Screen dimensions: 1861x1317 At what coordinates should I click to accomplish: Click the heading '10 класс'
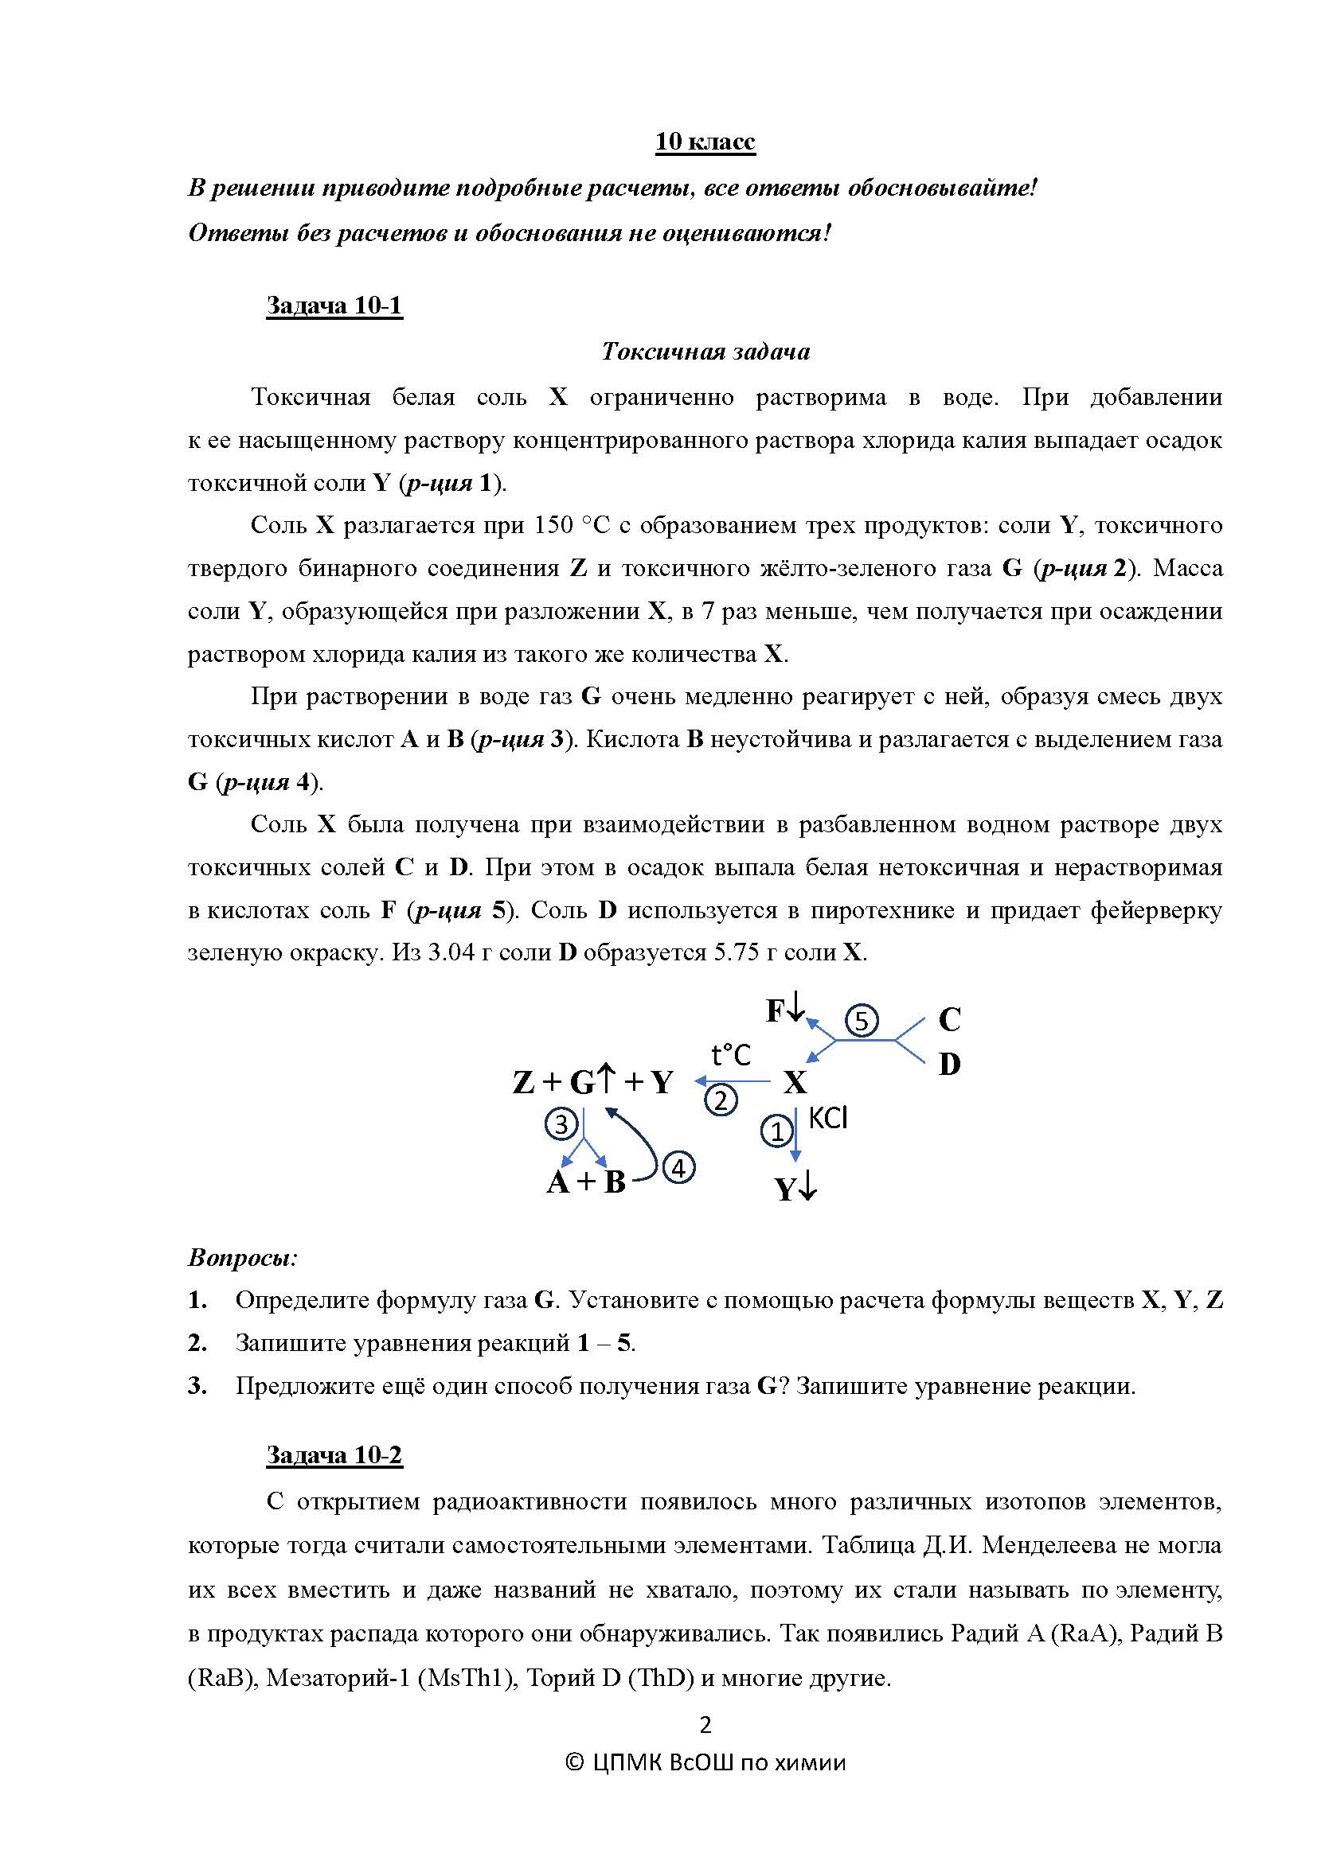click(705, 142)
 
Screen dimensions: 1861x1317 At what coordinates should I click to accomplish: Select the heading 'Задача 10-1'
click(334, 306)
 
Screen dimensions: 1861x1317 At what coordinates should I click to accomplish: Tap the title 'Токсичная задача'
click(705, 351)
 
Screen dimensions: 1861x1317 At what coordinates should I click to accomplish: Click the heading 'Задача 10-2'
click(334, 1455)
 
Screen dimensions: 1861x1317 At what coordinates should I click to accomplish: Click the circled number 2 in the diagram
click(721, 1100)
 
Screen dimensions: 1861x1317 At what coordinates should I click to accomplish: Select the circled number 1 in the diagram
click(776, 1130)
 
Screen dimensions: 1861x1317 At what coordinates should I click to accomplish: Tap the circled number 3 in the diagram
click(561, 1123)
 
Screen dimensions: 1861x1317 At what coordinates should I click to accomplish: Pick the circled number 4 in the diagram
click(678, 1168)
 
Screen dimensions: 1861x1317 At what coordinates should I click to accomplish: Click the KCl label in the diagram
click(827, 1119)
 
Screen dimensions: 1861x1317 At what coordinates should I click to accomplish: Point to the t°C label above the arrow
click(731, 1054)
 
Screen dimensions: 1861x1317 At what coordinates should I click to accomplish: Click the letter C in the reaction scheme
click(949, 1019)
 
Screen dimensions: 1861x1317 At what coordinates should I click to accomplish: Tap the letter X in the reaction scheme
click(795, 1082)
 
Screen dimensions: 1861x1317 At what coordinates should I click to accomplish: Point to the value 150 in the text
click(553, 525)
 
